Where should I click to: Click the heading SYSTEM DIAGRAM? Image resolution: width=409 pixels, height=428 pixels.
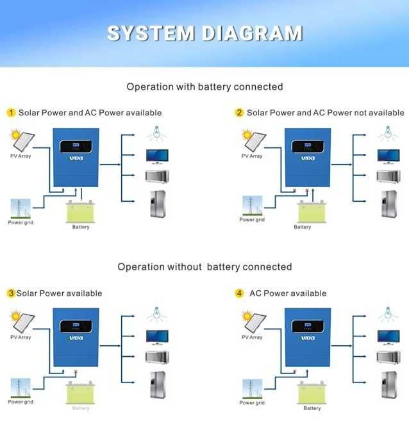click(204, 33)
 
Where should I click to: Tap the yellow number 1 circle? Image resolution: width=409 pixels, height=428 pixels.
click(11, 113)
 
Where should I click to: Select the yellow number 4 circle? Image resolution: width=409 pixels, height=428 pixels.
click(239, 293)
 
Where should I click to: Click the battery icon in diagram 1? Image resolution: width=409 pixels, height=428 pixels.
click(81, 212)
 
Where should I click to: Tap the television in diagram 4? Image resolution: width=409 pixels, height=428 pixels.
click(388, 336)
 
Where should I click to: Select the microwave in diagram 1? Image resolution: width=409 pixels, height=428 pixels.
click(156, 176)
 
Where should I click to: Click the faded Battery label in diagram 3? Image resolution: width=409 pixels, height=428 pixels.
click(81, 408)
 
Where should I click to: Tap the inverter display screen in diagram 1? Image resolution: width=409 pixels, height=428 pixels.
click(75, 145)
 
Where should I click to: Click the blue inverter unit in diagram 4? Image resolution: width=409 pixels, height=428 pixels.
click(308, 336)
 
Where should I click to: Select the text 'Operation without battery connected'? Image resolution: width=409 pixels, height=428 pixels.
click(204, 267)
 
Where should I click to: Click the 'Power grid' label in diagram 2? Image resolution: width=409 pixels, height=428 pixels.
click(252, 220)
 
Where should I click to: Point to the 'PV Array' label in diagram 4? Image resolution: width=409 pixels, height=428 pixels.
click(252, 337)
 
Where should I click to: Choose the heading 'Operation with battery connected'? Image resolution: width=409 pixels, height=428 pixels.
click(204, 86)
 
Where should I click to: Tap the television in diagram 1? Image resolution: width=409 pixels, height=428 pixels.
click(157, 155)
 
